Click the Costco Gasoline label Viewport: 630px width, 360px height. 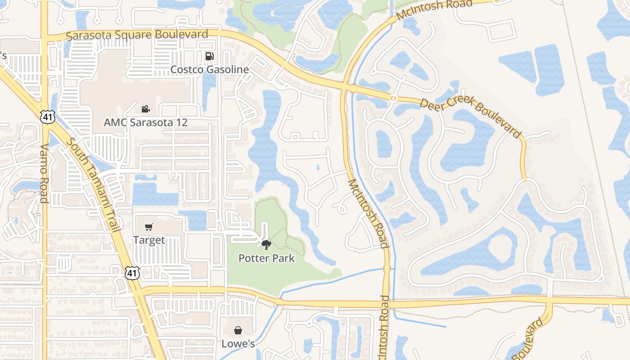209,70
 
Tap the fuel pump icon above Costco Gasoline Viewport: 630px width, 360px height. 209,56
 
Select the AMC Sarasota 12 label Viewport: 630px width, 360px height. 145,122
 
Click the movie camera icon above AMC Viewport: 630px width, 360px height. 145,109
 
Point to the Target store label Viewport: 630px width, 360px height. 149,240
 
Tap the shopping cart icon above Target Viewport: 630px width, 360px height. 149,227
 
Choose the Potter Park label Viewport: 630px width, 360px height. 266,258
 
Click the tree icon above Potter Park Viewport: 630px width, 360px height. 266,245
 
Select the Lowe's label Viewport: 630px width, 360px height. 238,344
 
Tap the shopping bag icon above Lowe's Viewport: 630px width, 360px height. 238,330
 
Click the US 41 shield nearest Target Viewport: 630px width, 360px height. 133,273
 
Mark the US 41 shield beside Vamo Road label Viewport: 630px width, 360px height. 46,117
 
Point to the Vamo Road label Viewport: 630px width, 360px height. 44,173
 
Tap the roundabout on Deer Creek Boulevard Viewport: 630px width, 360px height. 394,97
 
